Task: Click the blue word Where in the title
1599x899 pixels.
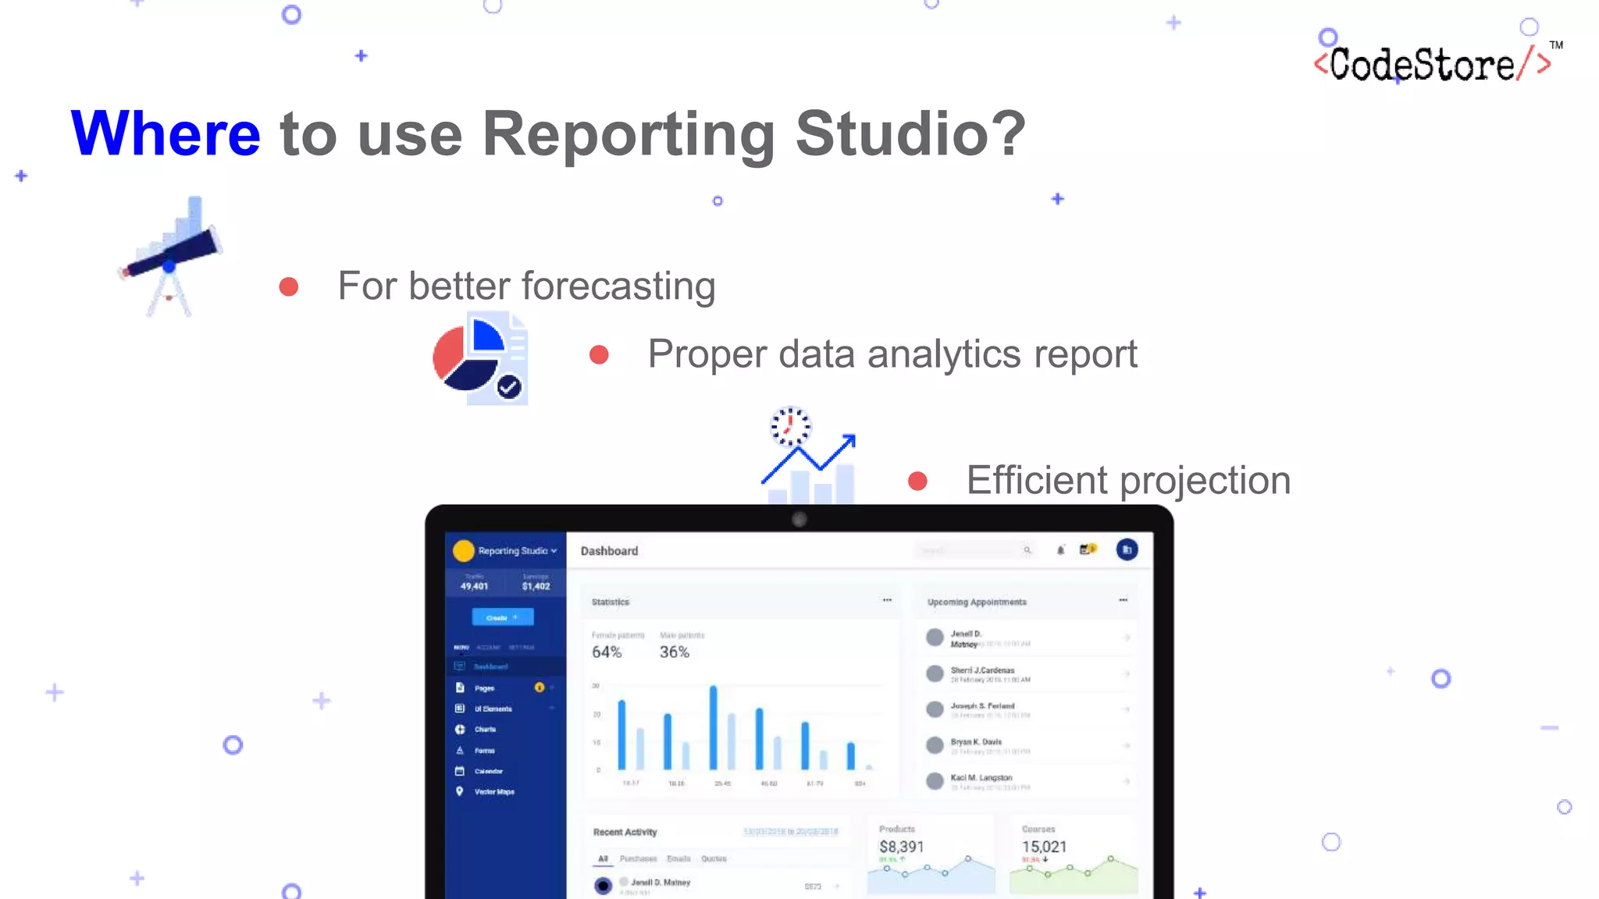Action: pos(166,133)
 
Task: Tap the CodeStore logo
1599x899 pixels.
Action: pos(1432,64)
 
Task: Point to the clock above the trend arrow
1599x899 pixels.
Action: pos(790,427)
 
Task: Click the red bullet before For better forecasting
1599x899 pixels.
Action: pos(289,286)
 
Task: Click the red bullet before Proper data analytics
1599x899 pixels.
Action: pos(599,355)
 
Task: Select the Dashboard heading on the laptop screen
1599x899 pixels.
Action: pos(609,551)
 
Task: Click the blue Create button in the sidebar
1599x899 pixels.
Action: pos(502,617)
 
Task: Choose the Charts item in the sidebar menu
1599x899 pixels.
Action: pos(485,730)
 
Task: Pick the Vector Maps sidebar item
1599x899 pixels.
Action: pos(494,792)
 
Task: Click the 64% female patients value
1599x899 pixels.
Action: pos(607,652)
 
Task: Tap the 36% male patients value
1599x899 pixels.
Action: pos(675,652)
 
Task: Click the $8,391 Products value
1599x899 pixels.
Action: pos(901,847)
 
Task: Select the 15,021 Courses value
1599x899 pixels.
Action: pos(1044,847)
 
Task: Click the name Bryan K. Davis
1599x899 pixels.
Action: pos(976,742)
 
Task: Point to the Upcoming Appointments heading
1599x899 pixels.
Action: pos(977,602)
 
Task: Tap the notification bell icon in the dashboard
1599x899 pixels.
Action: pos(1060,550)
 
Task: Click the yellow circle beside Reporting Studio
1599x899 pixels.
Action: pos(464,551)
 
